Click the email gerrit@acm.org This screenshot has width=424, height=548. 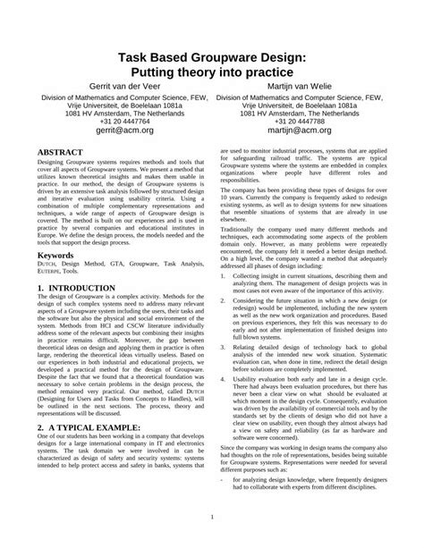(106, 129)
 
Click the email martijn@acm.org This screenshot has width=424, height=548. (318, 129)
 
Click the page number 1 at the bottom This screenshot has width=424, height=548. (212, 517)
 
